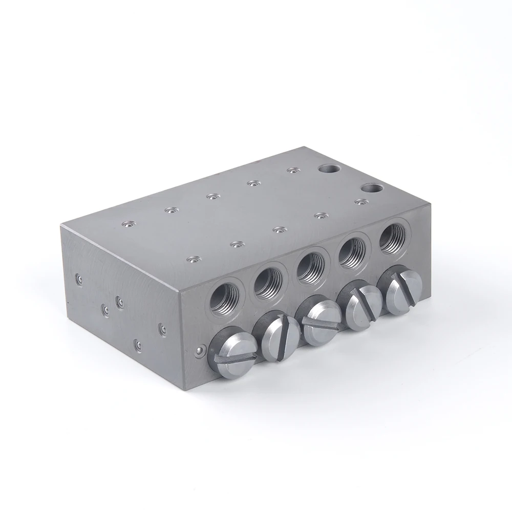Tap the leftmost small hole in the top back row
tap(126, 224)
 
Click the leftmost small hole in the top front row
tap(192, 261)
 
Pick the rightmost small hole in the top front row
tap(361, 202)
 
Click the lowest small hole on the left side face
tap(137, 343)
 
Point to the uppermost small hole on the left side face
tap(79, 279)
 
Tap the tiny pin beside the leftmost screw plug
tap(199, 351)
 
